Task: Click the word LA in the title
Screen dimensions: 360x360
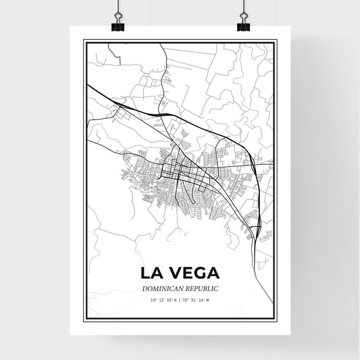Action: coord(152,274)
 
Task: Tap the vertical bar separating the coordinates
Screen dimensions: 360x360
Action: coord(180,299)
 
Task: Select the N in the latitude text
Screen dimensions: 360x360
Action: coord(175,299)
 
